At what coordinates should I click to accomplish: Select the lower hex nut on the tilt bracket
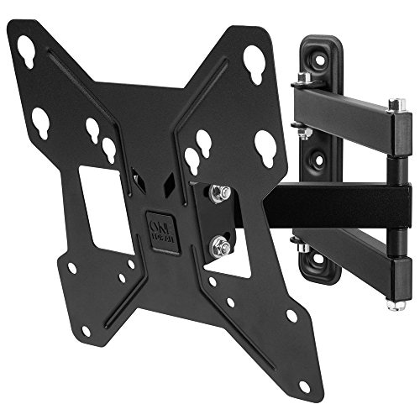[x=222, y=247]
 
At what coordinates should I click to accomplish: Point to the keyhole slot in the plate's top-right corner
[x=254, y=61]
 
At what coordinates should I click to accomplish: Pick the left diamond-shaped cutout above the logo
[x=134, y=178]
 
